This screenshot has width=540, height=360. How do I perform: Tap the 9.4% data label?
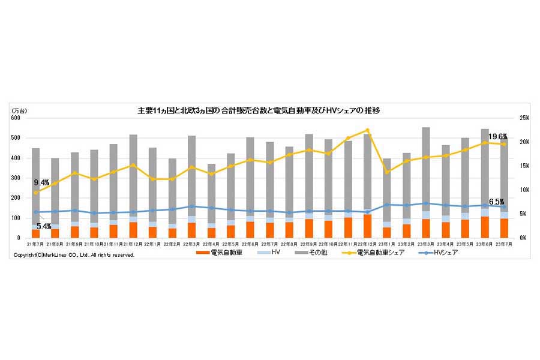point(41,182)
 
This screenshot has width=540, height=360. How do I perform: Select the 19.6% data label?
point(497,137)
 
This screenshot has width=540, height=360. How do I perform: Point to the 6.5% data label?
point(496,202)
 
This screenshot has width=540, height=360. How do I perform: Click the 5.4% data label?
point(44,226)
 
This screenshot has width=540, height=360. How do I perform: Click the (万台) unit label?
point(19,111)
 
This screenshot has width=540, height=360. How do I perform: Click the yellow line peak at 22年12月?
point(367,130)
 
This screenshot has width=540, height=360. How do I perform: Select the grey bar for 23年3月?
point(426,168)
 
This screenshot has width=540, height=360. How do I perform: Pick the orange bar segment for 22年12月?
point(367,226)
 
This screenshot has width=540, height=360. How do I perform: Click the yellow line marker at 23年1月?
point(387,172)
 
